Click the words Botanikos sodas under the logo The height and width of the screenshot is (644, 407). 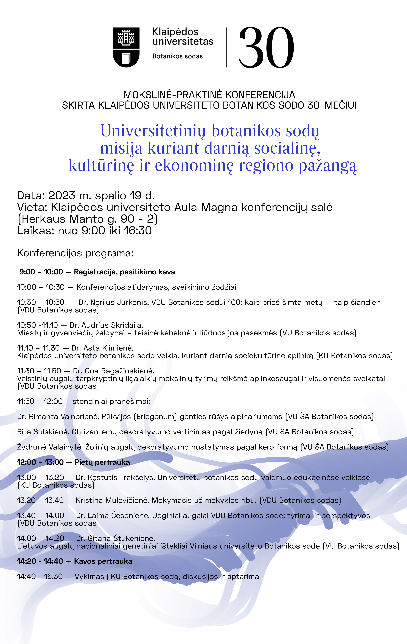[177, 56]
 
